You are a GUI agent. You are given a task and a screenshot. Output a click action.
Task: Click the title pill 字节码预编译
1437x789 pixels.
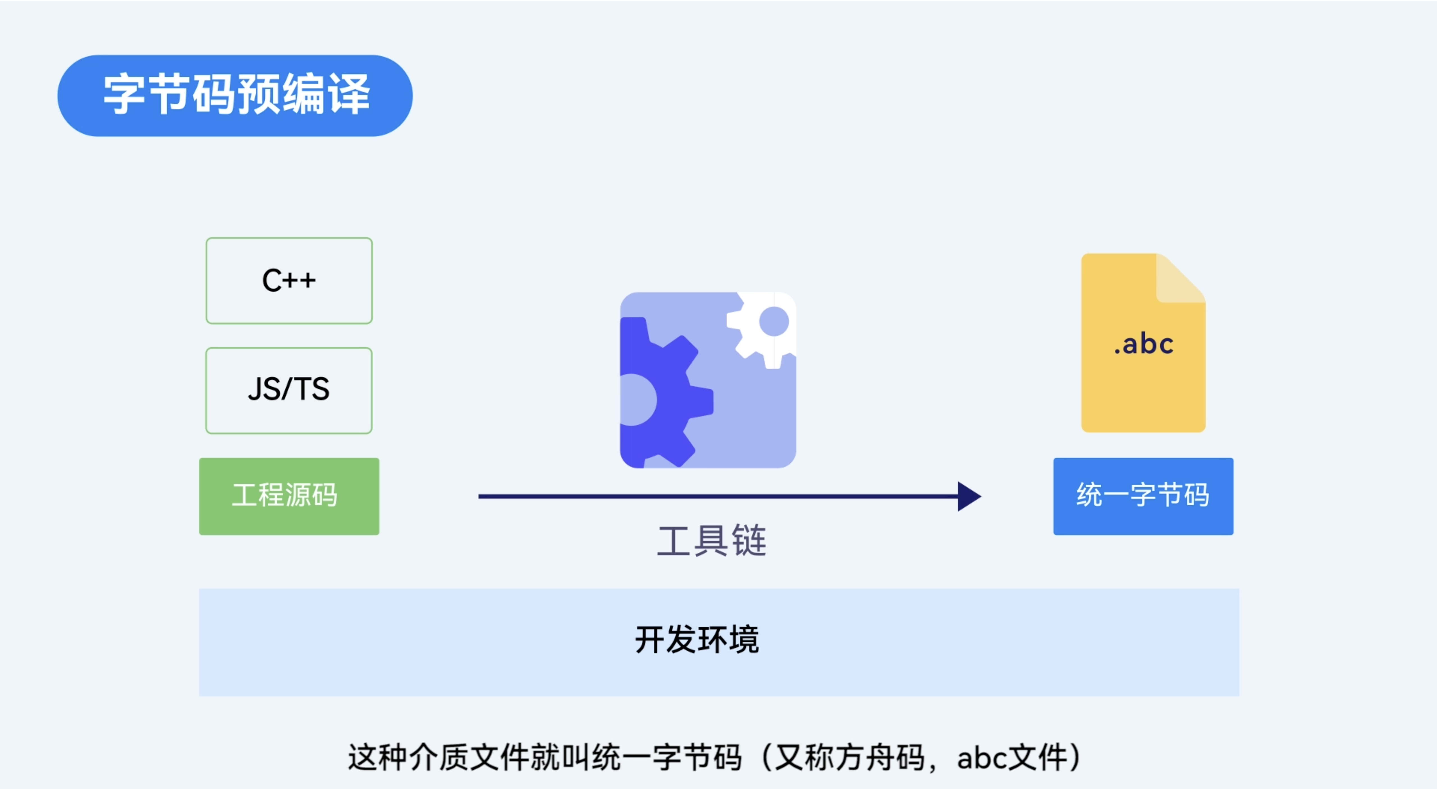[235, 95]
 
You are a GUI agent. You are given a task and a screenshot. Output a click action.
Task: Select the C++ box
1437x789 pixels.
[289, 281]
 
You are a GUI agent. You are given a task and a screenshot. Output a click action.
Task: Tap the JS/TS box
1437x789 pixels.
[289, 390]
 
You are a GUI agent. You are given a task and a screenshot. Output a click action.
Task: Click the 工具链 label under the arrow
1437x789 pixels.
[712, 541]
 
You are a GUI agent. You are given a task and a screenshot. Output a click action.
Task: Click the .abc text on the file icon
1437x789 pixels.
[1144, 344]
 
